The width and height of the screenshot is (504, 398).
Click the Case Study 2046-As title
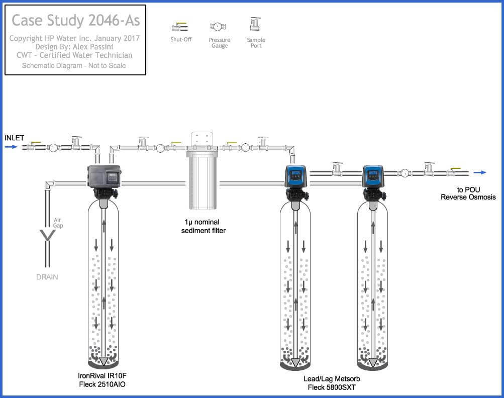pos(75,21)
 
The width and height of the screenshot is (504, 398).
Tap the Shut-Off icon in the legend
pos(180,27)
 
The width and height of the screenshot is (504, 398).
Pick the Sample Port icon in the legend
pos(256,24)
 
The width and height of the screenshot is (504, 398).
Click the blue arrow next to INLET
pos(11,147)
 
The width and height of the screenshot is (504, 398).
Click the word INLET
pos(14,138)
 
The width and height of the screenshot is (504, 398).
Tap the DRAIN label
pos(47,277)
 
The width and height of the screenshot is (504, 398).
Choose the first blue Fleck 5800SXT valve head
pos(295,176)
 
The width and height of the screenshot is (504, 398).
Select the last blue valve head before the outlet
pos(373,176)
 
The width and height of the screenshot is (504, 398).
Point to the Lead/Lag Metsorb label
pos(332,378)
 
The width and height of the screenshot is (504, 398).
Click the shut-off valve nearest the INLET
pos(35,147)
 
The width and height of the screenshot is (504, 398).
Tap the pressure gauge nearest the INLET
pos(53,148)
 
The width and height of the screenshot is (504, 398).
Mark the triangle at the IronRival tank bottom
pos(104,361)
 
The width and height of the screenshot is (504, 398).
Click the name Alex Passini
pos(94,47)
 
